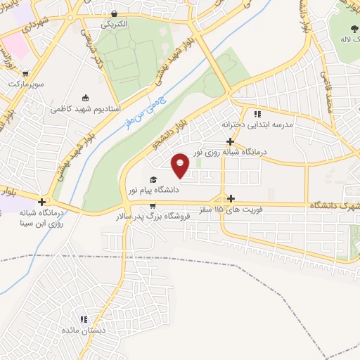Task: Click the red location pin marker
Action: (x=181, y=164)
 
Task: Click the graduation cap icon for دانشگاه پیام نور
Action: (x=153, y=179)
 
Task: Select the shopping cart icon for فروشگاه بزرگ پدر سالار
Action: (x=153, y=206)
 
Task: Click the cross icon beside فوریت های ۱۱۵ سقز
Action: (x=231, y=199)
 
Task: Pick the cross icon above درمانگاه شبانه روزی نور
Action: (x=231, y=141)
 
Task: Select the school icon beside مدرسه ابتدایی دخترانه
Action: (x=257, y=113)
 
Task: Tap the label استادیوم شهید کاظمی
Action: (x=86, y=109)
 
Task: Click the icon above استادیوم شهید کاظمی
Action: (x=86, y=98)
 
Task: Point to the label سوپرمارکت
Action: (x=26, y=84)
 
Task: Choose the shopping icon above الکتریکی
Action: (x=115, y=13)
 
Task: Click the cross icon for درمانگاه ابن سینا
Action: (x=41, y=202)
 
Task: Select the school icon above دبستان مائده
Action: (x=83, y=319)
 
